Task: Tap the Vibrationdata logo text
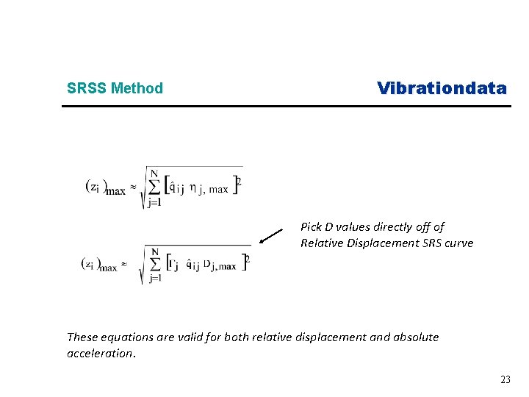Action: pyautogui.click(x=442, y=88)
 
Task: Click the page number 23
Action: pyautogui.click(x=505, y=379)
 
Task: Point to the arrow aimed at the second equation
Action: pyautogui.click(x=271, y=236)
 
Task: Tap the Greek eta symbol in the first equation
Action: pyautogui.click(x=192, y=188)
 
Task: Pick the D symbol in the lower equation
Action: pyautogui.click(x=207, y=264)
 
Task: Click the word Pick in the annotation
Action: pyautogui.click(x=312, y=227)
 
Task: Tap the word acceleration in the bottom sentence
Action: pyautogui.click(x=100, y=354)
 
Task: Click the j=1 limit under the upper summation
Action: pyautogui.click(x=154, y=204)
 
